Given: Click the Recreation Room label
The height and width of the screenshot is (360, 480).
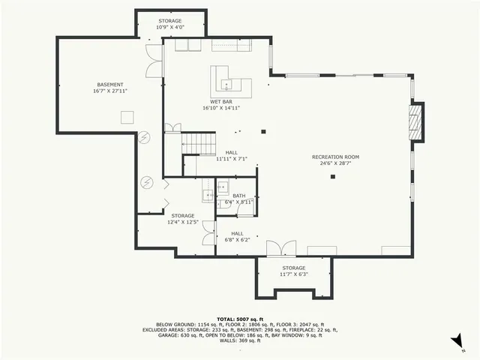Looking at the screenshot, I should coord(335,157).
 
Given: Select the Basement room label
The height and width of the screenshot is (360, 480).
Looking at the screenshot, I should coord(110,85).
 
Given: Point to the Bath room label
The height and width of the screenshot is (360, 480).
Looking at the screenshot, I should coord(238,196).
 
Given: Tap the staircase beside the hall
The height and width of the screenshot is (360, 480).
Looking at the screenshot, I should coord(199,142).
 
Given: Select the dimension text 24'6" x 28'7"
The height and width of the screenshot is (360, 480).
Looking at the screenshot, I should coord(335,163).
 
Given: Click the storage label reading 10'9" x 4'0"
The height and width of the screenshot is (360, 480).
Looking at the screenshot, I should coord(170,27).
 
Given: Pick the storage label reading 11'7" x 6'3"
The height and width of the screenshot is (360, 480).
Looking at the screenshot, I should coord(293,274).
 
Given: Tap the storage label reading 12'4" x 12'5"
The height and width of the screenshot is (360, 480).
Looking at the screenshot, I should coord(183,222).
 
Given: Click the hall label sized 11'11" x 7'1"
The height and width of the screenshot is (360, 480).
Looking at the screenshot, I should coord(230,158).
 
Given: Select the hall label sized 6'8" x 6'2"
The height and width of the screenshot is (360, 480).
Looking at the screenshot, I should coord(237,239).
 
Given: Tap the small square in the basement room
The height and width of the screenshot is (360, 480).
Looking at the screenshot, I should coord(127,116).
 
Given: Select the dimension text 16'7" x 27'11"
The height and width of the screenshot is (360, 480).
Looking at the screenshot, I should coord(110,91).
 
